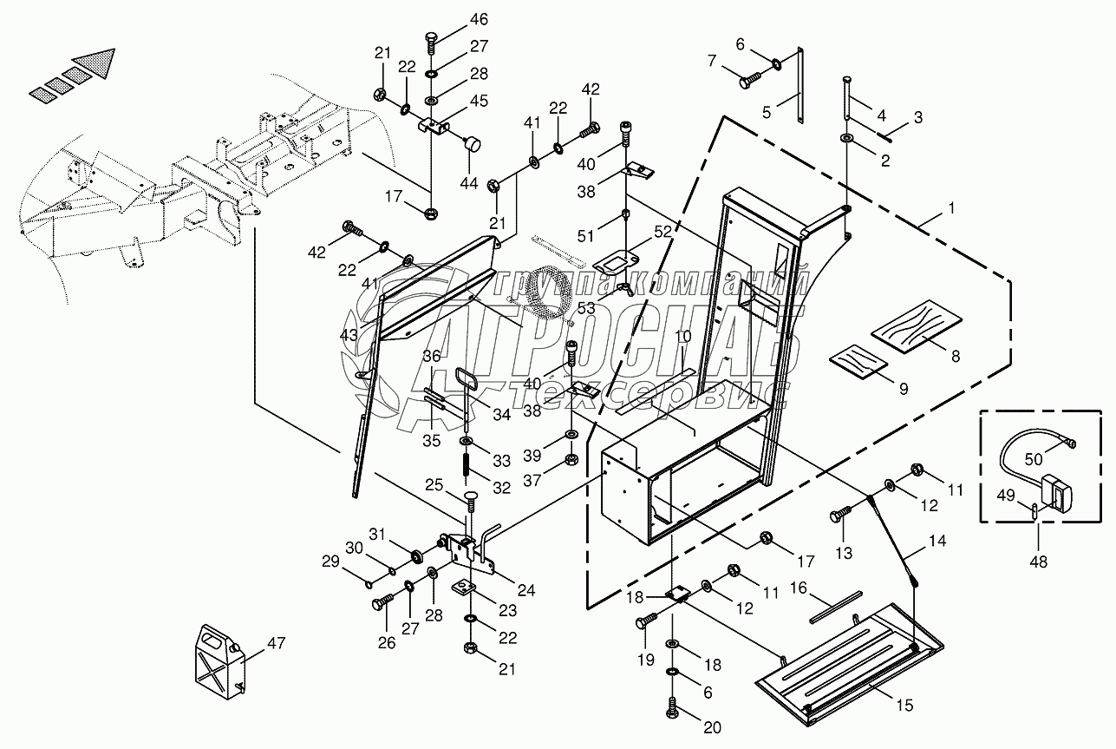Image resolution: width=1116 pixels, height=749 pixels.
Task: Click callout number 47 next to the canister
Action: pyautogui.click(x=276, y=643)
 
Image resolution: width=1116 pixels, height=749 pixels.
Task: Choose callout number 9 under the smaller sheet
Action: pyautogui.click(x=903, y=389)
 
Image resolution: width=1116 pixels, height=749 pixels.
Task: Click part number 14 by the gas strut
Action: pyautogui.click(x=937, y=542)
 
